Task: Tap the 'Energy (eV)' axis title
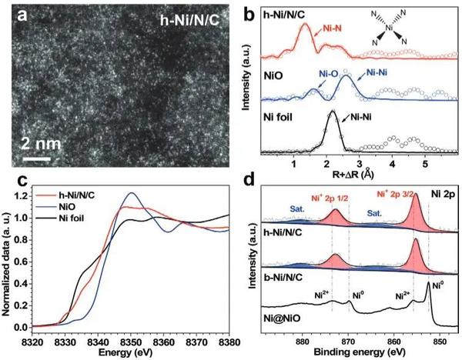point(131,351)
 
